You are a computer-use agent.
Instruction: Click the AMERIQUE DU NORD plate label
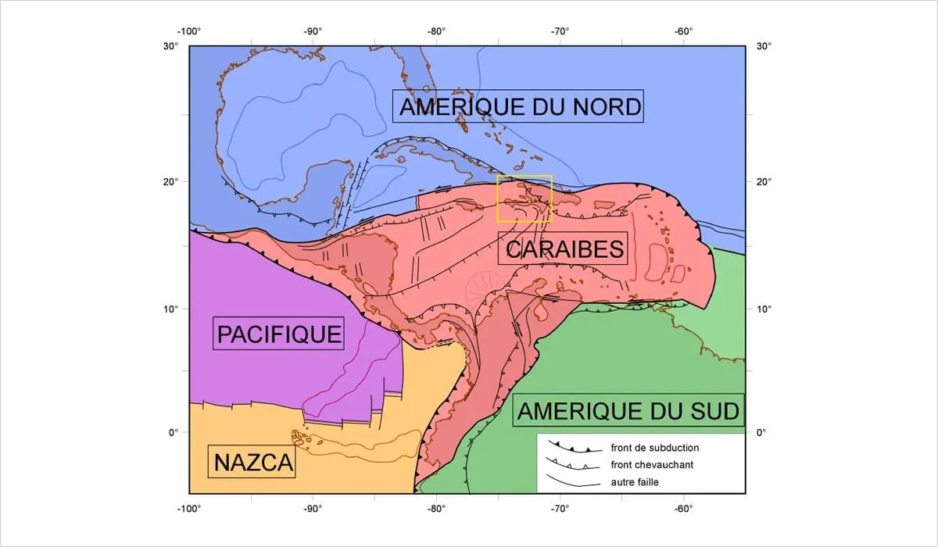coord(520,106)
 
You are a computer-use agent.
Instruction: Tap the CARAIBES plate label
coord(564,249)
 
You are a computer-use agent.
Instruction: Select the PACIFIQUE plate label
coord(279,334)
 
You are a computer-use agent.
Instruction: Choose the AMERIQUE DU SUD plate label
coord(628,411)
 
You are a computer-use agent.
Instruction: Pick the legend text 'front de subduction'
coord(654,449)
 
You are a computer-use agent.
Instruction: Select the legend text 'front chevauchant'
coord(652,465)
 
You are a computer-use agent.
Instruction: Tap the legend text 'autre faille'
coord(635,482)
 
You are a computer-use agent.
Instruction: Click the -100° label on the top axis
coord(189,32)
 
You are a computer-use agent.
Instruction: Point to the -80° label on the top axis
coord(436,32)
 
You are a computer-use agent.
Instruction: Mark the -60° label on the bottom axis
coord(683,509)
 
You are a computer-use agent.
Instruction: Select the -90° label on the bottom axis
coord(313,509)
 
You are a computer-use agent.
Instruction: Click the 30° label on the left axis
coord(171,45)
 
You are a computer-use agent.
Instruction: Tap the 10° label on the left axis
coord(171,309)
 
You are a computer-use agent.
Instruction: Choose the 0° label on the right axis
coord(763,432)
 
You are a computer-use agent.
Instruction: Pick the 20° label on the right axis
coord(763,181)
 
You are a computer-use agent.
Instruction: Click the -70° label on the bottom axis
coord(560,509)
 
